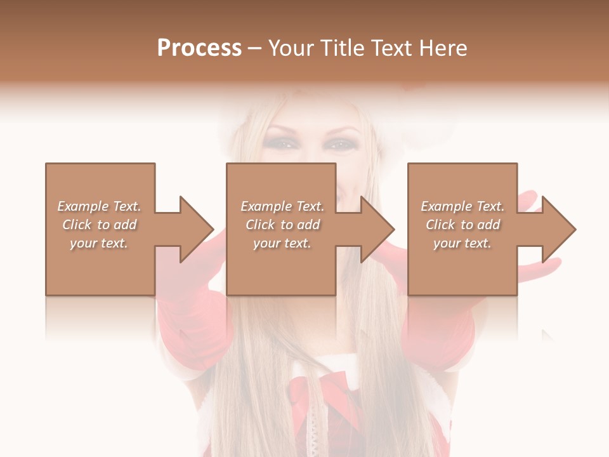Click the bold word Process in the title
(x=199, y=48)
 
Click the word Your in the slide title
(x=293, y=48)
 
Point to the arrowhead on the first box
(x=197, y=229)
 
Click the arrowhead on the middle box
(x=377, y=229)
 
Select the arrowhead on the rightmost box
(x=558, y=229)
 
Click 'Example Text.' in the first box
(x=100, y=206)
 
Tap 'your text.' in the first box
(x=100, y=243)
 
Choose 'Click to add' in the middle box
(x=282, y=225)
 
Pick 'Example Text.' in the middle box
(x=282, y=206)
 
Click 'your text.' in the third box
(x=462, y=243)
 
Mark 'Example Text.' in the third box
(x=462, y=206)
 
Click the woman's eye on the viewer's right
(x=339, y=145)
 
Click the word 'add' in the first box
(x=126, y=225)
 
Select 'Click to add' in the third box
(x=462, y=225)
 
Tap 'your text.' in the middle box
(x=282, y=243)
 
